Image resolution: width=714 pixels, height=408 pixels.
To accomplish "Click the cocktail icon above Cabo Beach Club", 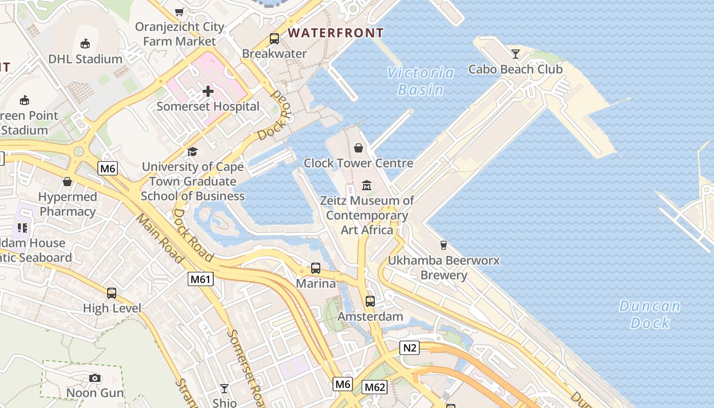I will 516,54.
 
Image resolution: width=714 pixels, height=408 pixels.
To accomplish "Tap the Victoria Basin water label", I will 420,81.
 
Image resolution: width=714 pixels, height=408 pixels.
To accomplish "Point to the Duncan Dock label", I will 650,314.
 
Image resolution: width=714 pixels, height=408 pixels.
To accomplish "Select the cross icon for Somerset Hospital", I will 208,91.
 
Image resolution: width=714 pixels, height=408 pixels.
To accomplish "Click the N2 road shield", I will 409,348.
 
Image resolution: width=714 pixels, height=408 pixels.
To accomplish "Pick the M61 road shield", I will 200,279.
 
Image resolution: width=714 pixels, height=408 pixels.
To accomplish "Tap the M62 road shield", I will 374,387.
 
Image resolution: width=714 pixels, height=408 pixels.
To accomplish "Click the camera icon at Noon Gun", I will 95,378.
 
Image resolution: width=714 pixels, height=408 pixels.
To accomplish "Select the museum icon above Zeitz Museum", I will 367,185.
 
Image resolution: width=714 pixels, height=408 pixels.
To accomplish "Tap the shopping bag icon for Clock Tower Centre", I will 359,148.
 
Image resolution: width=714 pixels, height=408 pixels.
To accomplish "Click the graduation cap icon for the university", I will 192,151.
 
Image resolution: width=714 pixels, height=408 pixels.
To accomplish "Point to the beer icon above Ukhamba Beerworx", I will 444,245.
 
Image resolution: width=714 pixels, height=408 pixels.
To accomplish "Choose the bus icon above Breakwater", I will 274,38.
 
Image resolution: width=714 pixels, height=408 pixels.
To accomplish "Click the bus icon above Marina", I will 316,268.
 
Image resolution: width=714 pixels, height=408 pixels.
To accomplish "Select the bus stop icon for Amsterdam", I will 370,301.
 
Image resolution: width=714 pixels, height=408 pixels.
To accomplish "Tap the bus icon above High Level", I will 112,293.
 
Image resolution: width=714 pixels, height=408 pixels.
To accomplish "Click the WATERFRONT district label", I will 336,33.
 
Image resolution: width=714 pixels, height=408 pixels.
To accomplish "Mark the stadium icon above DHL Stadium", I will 85,44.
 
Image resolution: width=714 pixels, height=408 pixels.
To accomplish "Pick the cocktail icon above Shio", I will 224,389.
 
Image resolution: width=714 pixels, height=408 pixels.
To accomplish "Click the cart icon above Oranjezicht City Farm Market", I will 180,11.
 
